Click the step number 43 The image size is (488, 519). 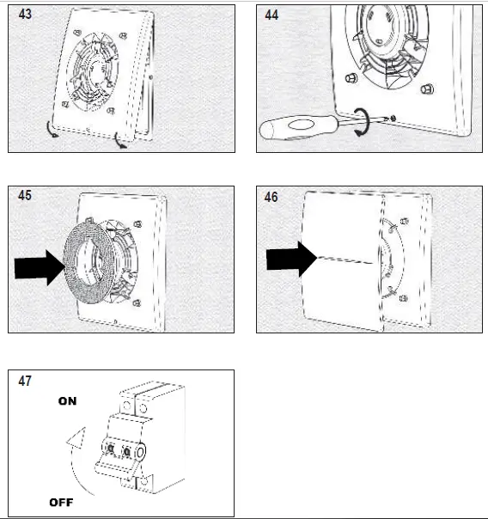click(25, 15)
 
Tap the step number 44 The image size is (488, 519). click(271, 15)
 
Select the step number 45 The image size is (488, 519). click(25, 195)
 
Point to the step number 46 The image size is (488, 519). click(271, 197)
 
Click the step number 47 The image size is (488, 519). click(25, 381)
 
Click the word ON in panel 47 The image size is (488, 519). click(68, 401)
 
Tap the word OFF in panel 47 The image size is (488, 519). click(61, 503)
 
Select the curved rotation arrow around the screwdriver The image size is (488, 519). click(364, 122)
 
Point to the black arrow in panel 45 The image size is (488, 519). click(40, 268)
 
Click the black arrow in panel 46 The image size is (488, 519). click(291, 259)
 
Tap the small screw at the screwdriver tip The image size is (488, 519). click(393, 118)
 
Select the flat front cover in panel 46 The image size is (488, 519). click(343, 261)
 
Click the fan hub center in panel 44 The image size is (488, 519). click(381, 28)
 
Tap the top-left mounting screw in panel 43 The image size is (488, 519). click(77, 33)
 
